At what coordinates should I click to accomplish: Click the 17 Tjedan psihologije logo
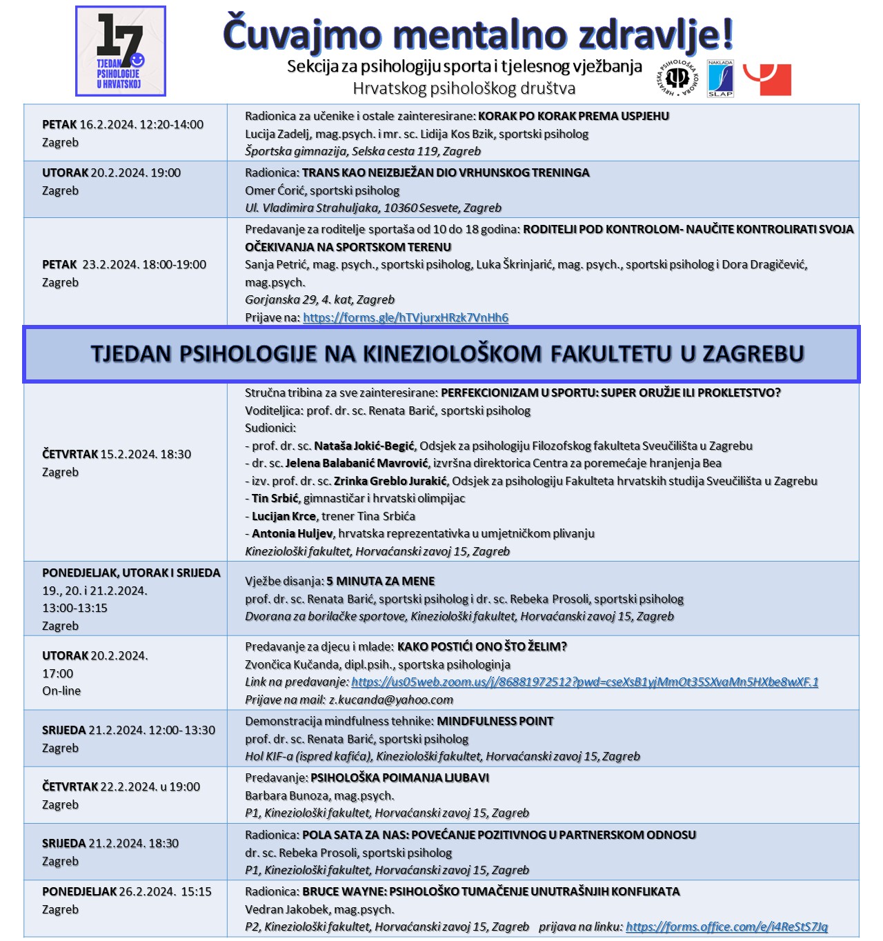[121, 51]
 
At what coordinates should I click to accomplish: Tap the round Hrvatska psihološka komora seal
[677, 78]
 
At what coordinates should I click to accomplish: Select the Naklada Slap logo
[720, 79]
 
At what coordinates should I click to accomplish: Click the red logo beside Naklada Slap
[768, 79]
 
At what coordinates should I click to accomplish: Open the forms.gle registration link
[406, 317]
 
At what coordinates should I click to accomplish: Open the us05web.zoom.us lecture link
[584, 682]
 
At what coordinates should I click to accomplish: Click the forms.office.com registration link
[726, 927]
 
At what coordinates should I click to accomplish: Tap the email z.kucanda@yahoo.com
[391, 700]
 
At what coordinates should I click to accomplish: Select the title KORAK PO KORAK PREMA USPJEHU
[573, 116]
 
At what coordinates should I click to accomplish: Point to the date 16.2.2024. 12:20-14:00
[141, 125]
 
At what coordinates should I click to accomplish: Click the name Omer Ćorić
[275, 190]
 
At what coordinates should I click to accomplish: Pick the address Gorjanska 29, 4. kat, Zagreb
[319, 299]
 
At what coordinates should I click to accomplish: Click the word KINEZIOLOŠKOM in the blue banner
[453, 354]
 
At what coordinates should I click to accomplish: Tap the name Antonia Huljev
[292, 533]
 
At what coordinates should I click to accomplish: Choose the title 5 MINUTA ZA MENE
[380, 581]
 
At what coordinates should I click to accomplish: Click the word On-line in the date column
[61, 691]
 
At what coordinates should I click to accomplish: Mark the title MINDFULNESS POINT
[495, 721]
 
